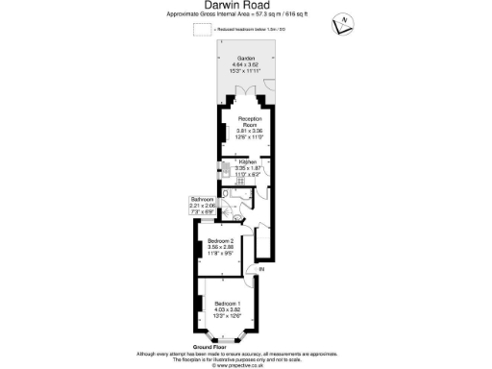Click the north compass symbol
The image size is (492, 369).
pos(343,23)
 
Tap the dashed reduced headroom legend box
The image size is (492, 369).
pos(202,30)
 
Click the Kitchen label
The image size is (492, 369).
pos(248,162)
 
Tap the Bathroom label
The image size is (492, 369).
pos(202,199)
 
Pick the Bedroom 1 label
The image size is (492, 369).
pos(228,302)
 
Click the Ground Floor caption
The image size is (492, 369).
pos(208,345)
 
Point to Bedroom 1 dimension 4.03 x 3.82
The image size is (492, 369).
pos(228,308)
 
